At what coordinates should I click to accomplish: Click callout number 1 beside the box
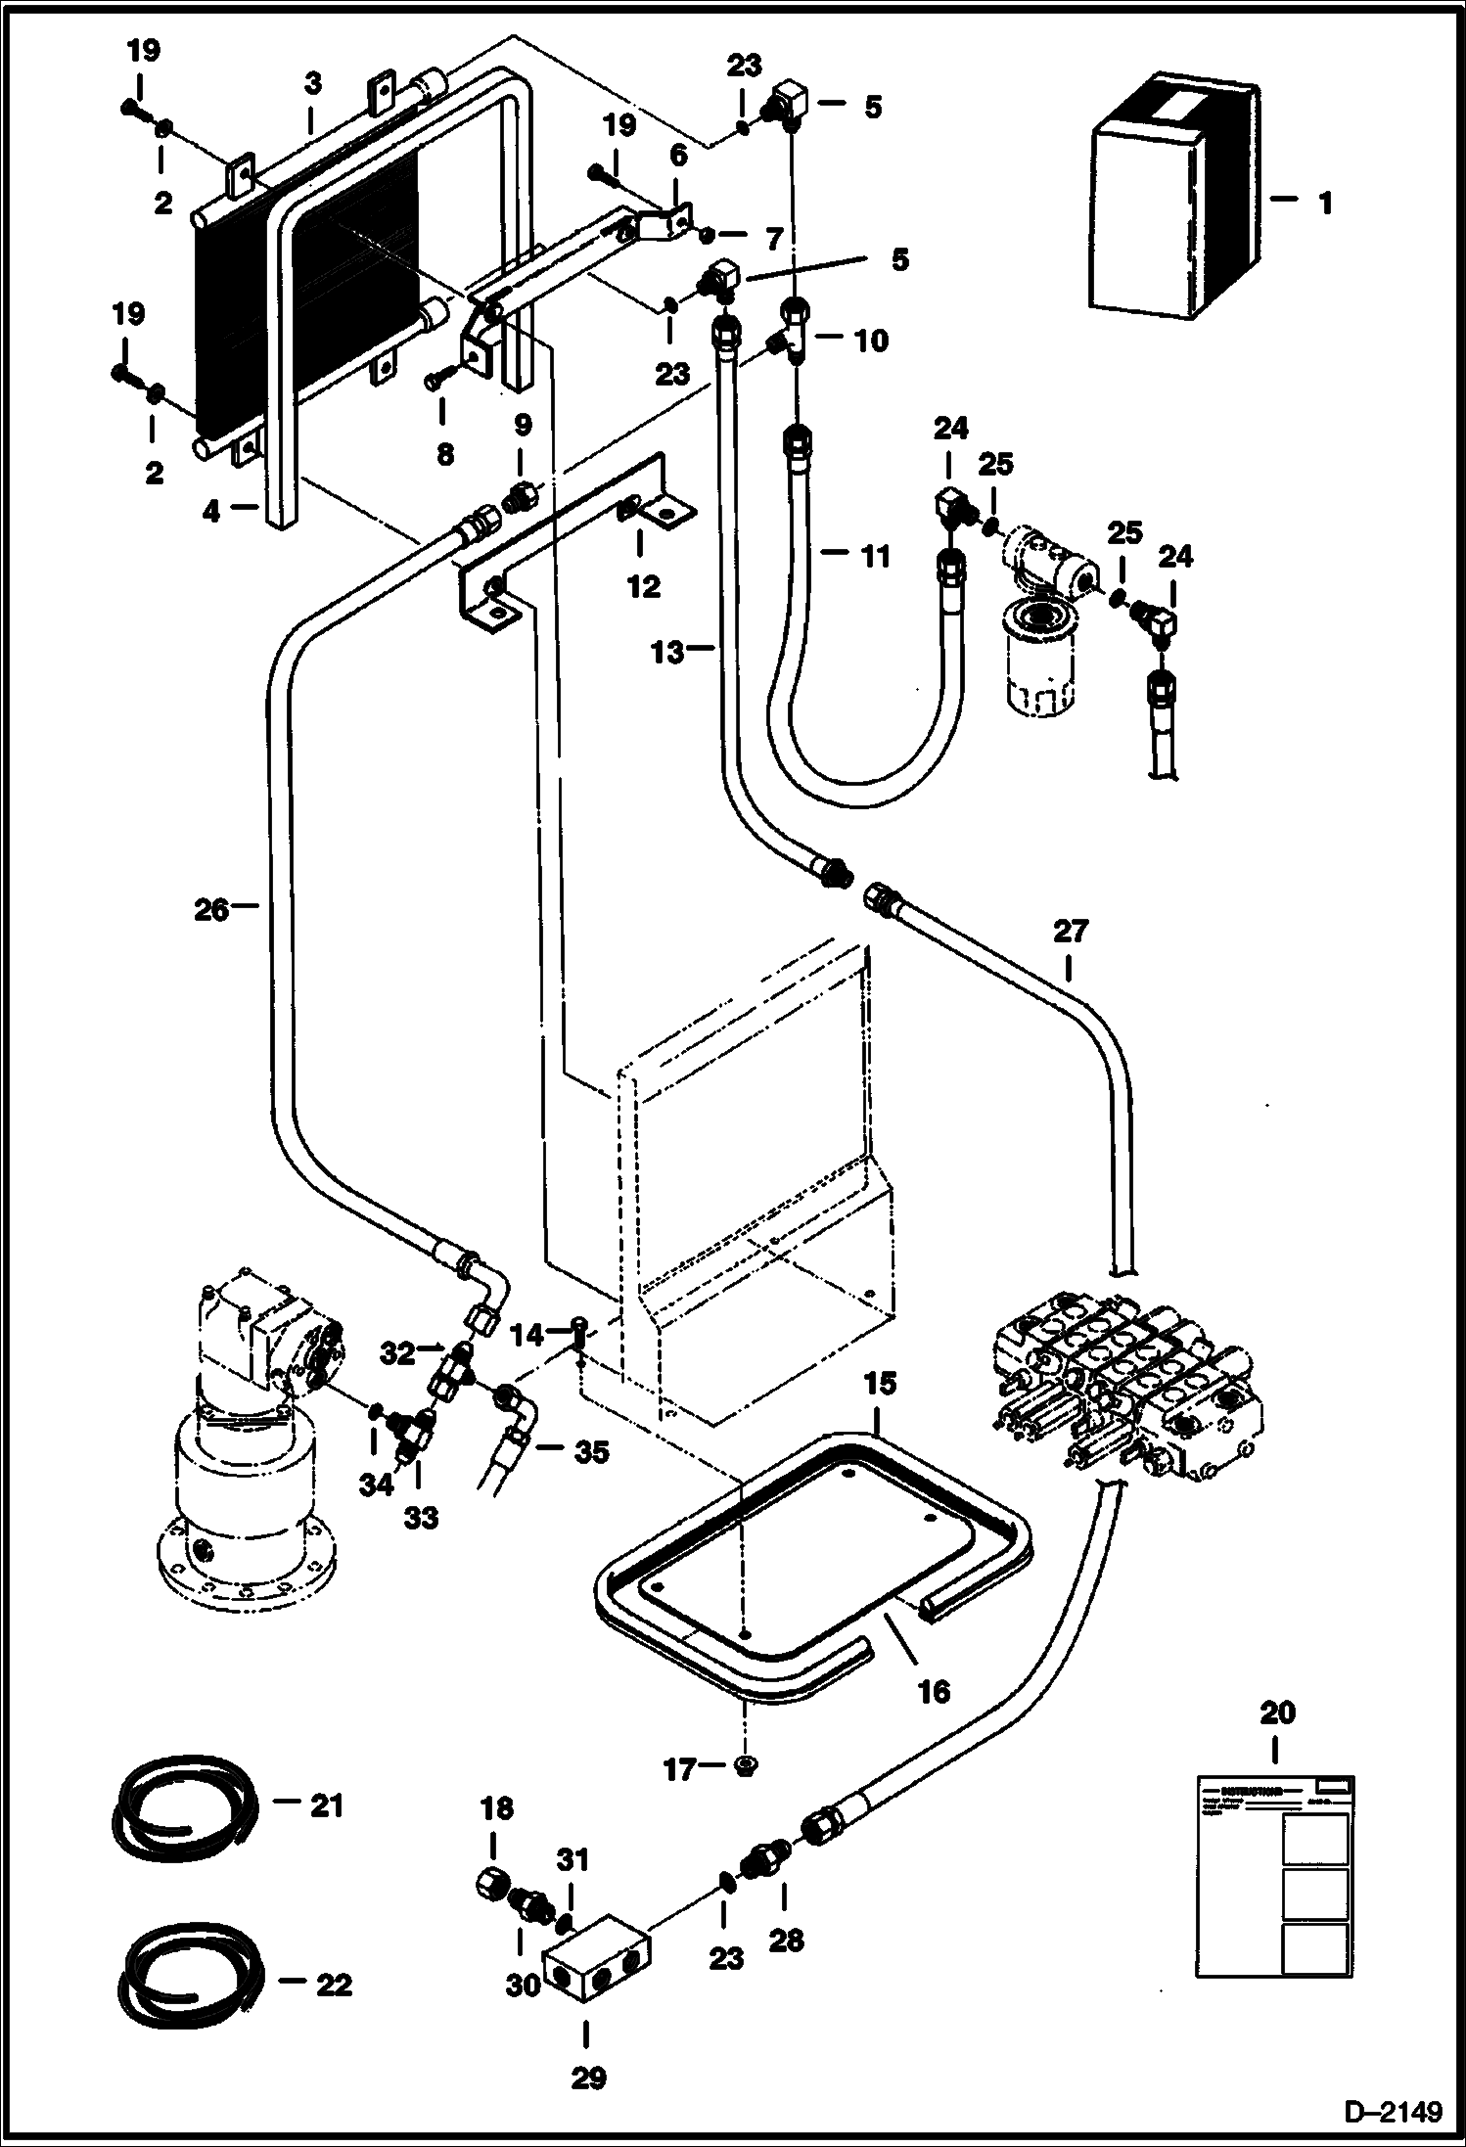tap(1325, 205)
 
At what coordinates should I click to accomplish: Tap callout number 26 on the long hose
tap(211, 910)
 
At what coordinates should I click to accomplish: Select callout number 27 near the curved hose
tap(1070, 931)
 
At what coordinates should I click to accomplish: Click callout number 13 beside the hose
tap(668, 652)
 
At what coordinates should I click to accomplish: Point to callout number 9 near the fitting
tap(523, 425)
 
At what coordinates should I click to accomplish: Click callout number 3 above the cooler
tap(311, 84)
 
